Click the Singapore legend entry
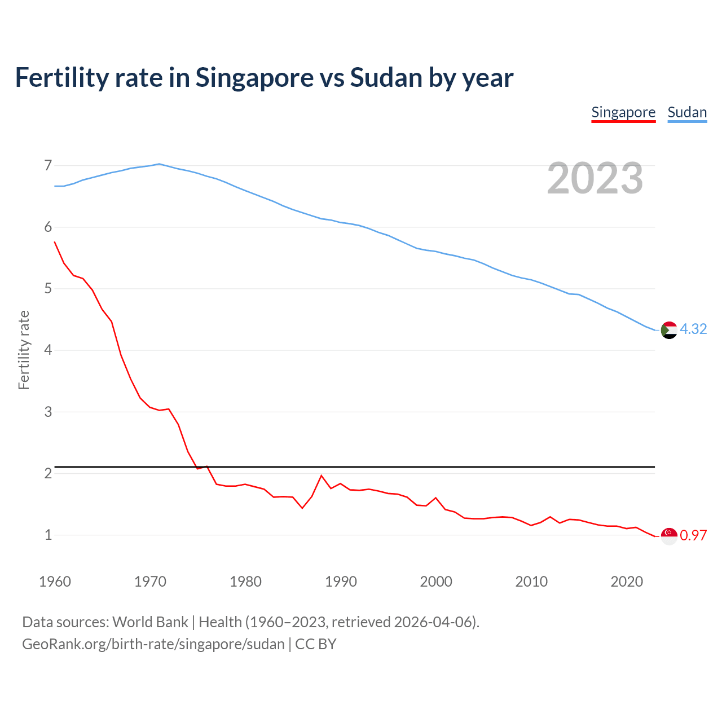tap(623, 112)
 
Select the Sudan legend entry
tap(687, 112)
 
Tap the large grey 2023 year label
tap(595, 178)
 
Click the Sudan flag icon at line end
tap(669, 330)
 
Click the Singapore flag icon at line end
tap(669, 536)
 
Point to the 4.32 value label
tap(693, 329)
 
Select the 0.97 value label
tap(693, 535)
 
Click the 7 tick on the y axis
tap(48, 165)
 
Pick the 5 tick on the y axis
tap(48, 289)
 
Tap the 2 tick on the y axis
tap(48, 473)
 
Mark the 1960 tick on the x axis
tap(55, 582)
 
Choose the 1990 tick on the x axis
tap(341, 582)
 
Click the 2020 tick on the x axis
tap(627, 582)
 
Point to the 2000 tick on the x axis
tap(436, 582)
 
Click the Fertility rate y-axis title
tap(24, 350)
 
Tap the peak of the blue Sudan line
tap(159, 164)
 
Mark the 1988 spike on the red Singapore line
tap(322, 476)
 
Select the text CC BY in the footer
tap(316, 644)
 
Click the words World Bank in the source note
tap(150, 622)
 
